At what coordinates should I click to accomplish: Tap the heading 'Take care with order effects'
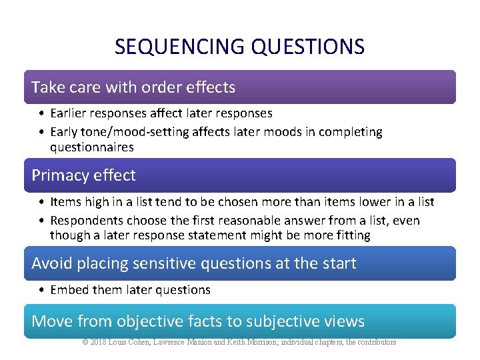(133, 87)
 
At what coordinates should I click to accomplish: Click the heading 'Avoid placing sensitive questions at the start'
(194, 263)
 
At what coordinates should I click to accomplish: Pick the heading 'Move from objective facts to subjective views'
(198, 321)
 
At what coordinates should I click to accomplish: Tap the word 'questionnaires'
(92, 147)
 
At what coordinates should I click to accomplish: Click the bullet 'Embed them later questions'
(131, 289)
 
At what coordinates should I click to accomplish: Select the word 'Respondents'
(84, 220)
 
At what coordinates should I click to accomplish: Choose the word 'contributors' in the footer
(375, 342)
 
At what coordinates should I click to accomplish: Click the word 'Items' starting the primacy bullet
(65, 201)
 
